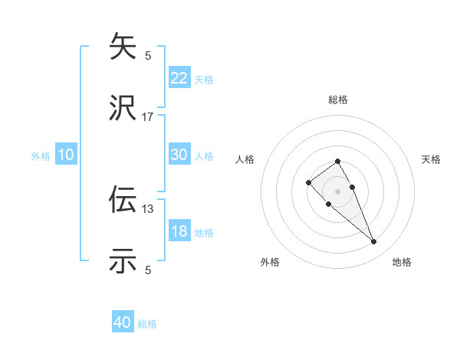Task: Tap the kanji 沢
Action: point(123,109)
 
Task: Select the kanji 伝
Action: point(123,199)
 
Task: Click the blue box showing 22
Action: point(179,77)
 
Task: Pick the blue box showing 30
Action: point(179,154)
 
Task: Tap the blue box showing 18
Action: point(179,231)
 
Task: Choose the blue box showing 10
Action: point(66,155)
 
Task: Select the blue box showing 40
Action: point(123,322)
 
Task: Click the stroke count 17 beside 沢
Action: point(148,117)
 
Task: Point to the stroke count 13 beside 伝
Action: point(148,208)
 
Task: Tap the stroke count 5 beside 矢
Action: point(148,55)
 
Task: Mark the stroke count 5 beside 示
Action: point(148,270)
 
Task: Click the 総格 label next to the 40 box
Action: point(147,324)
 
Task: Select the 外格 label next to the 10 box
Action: point(41,156)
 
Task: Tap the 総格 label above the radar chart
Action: point(337,100)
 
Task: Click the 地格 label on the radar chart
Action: point(402,262)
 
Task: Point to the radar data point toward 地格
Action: point(373,242)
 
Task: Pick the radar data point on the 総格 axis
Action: point(337,161)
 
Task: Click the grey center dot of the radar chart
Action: point(337,191)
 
